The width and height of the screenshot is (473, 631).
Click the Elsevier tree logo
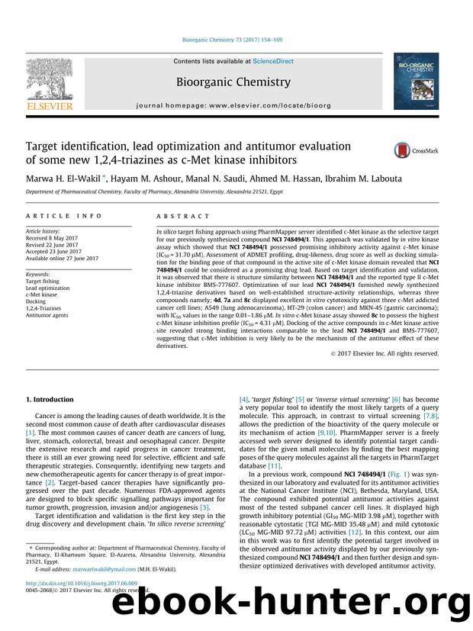coord(50,81)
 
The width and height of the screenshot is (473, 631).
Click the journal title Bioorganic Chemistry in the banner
coord(233,82)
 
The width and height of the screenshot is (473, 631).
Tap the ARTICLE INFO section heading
coord(56,216)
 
